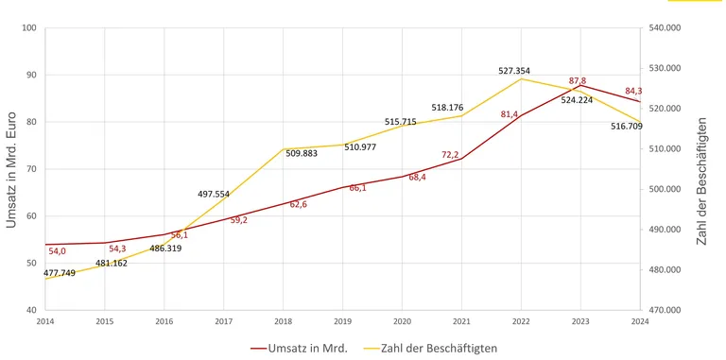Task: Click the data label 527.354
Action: coord(514,71)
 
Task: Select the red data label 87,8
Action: coord(577,81)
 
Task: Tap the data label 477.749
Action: coord(60,273)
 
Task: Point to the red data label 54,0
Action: coord(57,251)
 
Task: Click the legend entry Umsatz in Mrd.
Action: coord(300,348)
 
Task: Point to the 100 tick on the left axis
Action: coord(28,27)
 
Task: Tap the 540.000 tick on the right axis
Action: coord(661,27)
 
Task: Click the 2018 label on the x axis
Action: coord(284,321)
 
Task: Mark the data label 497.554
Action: coord(214,194)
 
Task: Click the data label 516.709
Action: coord(626,126)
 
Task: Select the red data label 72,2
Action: coord(450,155)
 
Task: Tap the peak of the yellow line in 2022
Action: coord(522,78)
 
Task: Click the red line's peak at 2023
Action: coord(581,86)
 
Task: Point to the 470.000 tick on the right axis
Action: coord(661,310)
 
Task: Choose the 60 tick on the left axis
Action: coord(30,215)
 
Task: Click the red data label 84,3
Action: coord(634,92)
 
